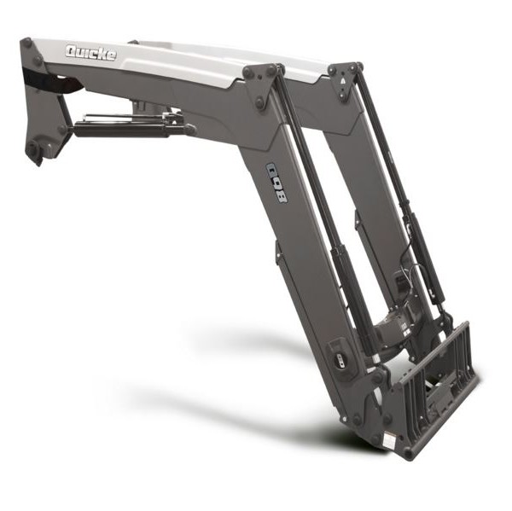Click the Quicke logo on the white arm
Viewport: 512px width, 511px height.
click(90, 53)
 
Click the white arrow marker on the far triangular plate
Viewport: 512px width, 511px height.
click(343, 81)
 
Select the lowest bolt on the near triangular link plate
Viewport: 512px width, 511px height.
click(260, 101)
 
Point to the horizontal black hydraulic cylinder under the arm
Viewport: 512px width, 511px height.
click(131, 127)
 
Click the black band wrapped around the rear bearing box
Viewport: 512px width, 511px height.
click(52, 81)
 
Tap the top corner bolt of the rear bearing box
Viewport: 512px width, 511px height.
click(27, 42)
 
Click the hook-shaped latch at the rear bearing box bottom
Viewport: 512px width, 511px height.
click(37, 153)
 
